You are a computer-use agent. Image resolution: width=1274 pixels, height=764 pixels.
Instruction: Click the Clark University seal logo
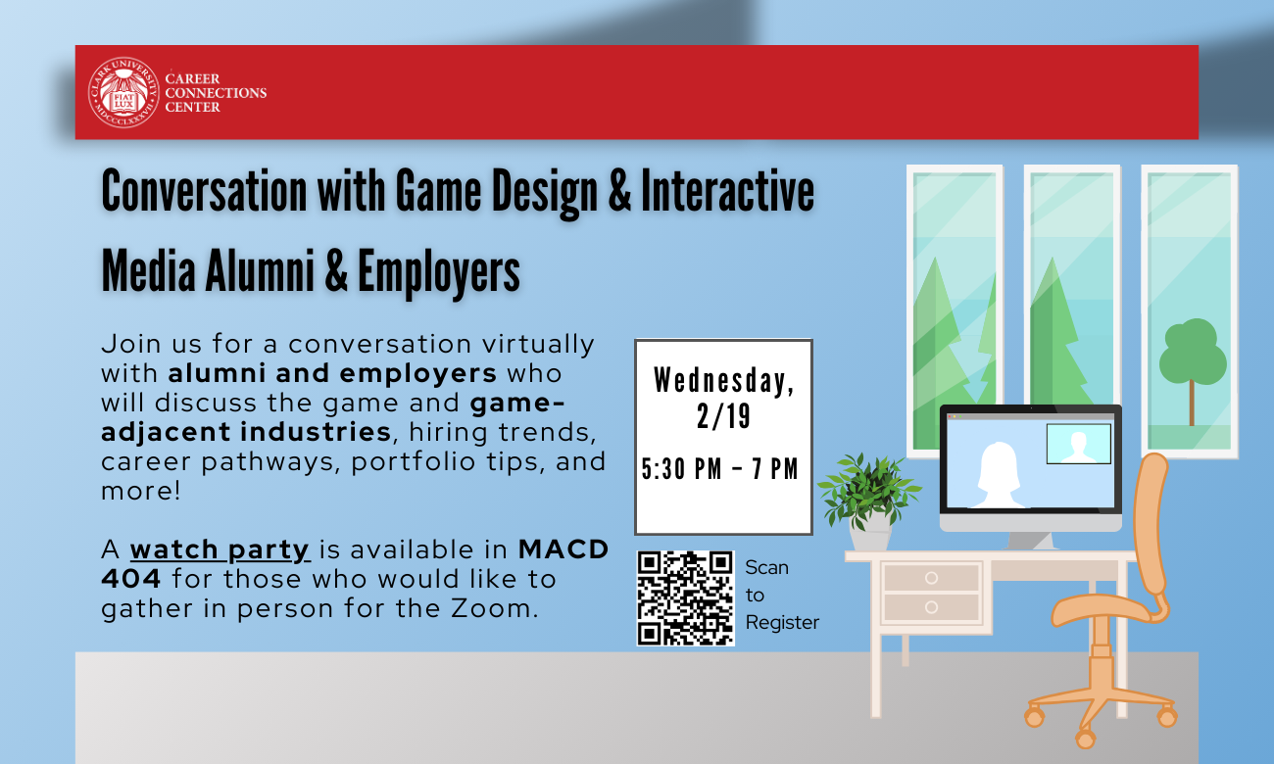123,92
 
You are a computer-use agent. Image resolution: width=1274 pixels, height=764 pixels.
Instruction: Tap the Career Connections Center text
216,93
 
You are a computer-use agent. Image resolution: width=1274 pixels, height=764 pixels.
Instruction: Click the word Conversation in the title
204,191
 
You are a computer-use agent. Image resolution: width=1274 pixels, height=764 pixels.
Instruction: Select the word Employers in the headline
438,272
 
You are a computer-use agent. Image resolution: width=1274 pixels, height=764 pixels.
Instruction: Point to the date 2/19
723,416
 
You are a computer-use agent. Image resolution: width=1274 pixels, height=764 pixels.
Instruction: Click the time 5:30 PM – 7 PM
720,469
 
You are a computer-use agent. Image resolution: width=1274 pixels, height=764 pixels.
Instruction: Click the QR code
685,598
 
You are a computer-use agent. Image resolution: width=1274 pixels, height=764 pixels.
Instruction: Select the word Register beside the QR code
782,623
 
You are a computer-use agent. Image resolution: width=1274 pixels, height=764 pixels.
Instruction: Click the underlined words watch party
220,550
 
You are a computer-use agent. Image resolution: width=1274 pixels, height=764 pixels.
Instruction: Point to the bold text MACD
563,549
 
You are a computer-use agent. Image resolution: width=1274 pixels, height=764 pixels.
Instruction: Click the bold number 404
131,579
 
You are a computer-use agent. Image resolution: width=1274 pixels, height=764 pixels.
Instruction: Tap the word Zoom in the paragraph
493,608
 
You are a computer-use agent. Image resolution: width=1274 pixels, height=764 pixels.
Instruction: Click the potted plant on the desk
868,501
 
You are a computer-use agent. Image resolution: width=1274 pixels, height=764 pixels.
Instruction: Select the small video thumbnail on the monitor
1078,444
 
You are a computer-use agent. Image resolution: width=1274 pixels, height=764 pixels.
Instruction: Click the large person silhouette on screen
999,475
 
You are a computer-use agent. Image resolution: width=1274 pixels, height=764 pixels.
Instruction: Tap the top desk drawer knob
931,578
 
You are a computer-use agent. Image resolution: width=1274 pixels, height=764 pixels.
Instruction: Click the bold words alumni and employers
332,373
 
